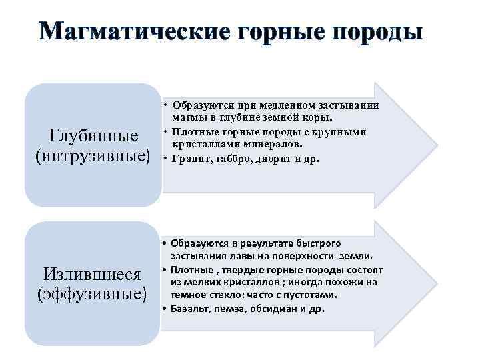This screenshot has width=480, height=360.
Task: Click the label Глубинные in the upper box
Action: pyautogui.click(x=93, y=136)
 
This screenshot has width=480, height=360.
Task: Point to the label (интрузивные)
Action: pyautogui.click(x=93, y=157)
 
